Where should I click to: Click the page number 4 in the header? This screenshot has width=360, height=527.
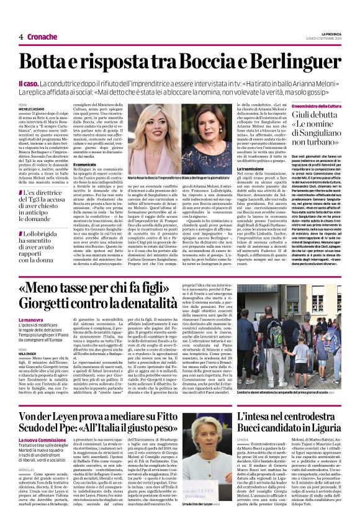[x=20, y=37]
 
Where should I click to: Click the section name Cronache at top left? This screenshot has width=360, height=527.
[x=42, y=37]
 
